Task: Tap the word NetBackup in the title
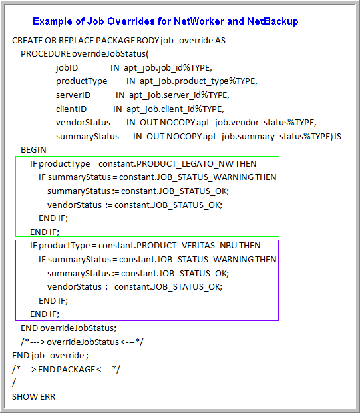[273, 21]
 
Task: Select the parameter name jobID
[67, 68]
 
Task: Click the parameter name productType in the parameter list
[82, 81]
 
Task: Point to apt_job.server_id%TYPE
[179, 95]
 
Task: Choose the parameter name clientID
[71, 109]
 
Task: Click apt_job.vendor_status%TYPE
[257, 123]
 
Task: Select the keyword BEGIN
[33, 150]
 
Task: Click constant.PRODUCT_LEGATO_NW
[166, 164]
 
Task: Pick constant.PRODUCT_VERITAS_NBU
[168, 246]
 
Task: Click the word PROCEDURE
[45, 54]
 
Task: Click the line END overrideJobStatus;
[69, 328]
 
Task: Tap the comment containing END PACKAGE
[66, 369]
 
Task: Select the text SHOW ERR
[34, 396]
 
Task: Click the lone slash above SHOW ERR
[14, 383]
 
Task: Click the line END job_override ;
[51, 356]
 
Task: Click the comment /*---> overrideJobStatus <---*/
[82, 342]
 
